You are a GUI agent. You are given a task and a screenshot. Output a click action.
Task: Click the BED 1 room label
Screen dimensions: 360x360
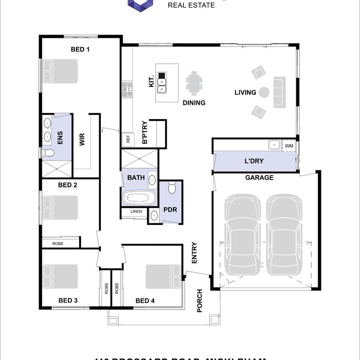(80, 49)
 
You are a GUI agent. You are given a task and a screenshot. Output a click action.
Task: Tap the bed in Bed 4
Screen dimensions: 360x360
(163, 276)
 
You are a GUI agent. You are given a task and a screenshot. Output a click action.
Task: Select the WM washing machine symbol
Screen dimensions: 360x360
(289, 145)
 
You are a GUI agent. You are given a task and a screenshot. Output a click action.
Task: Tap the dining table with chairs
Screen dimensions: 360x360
(194, 84)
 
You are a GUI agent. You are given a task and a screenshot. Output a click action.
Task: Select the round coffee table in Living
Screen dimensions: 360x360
(264, 92)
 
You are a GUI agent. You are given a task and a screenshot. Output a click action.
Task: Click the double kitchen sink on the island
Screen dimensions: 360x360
(162, 82)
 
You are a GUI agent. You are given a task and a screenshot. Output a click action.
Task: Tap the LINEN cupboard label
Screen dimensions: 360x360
(136, 212)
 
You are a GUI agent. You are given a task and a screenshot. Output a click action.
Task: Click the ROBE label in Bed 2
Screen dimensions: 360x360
(58, 243)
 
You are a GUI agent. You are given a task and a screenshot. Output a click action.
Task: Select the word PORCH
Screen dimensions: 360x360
(200, 301)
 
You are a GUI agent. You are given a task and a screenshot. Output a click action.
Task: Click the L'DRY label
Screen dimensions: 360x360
(254, 161)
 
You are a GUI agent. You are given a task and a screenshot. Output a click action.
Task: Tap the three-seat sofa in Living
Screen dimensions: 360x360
(279, 92)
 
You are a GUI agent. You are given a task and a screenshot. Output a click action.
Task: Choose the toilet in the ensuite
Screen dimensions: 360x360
(48, 153)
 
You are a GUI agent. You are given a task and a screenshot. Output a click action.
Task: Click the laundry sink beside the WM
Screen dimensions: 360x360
(274, 145)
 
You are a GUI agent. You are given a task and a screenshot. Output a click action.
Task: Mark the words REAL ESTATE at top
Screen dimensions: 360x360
(191, 5)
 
